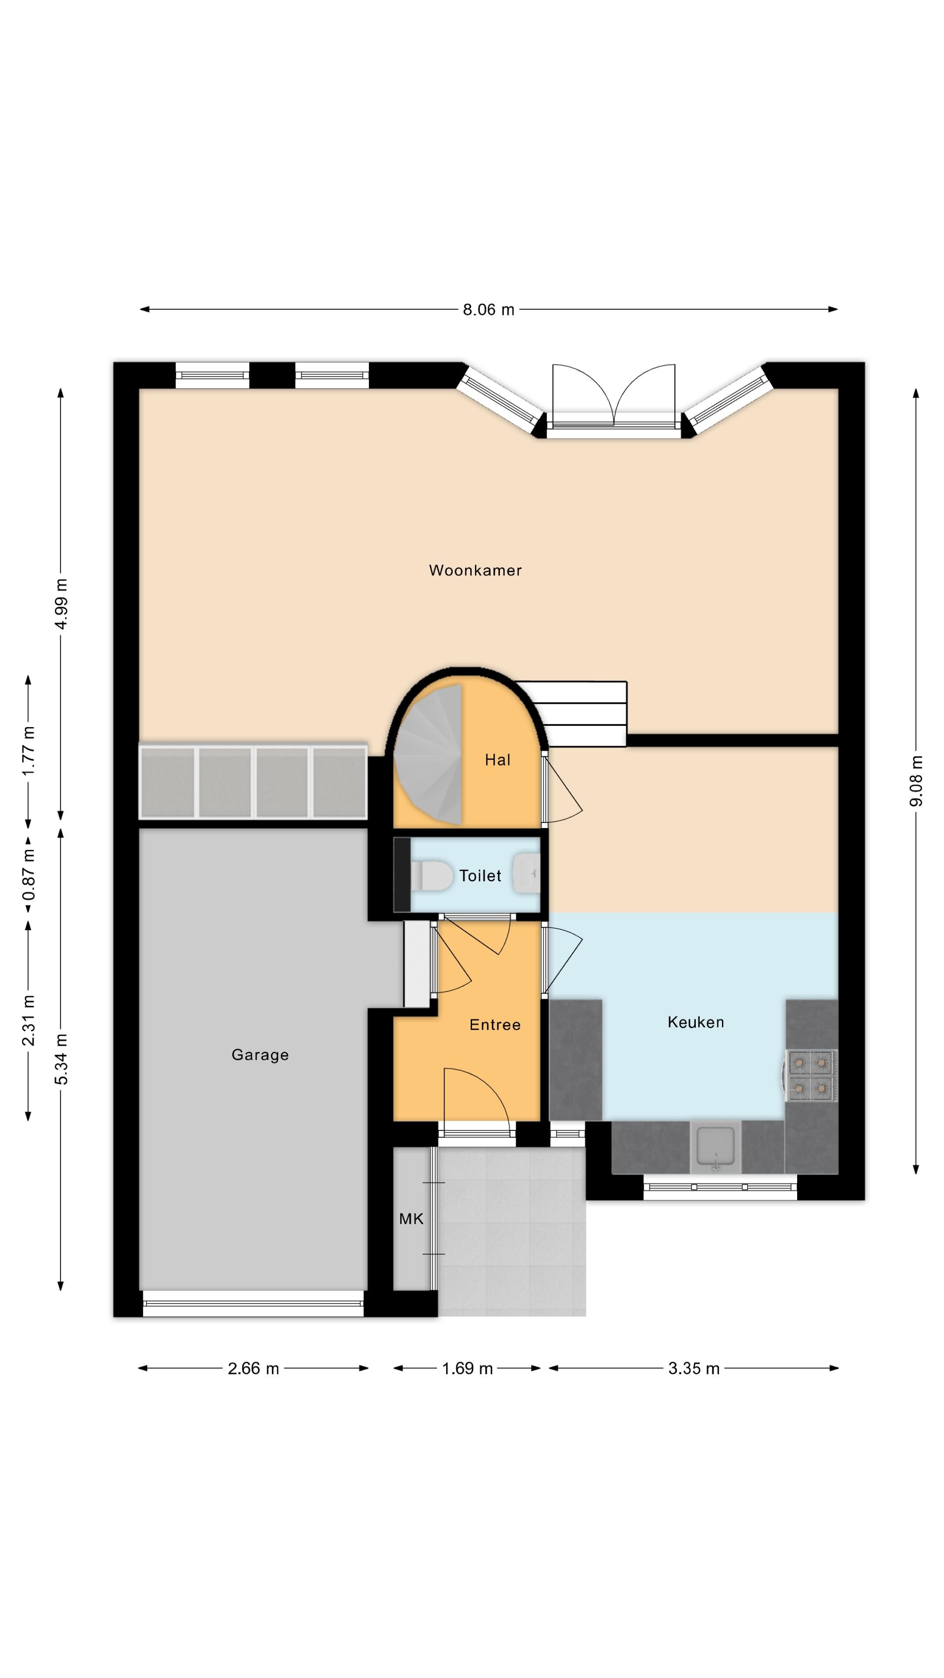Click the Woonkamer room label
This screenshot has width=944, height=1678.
pos(475,571)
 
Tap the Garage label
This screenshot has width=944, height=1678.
pos(260,1054)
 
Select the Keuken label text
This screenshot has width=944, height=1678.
pos(695,1022)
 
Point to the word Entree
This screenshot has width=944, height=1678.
pos(495,1025)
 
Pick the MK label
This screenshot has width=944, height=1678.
pos(411,1219)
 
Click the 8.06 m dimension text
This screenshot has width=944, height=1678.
pos(489,309)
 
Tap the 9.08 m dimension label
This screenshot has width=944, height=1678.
pos(916,781)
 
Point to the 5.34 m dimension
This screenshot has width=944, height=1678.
pos(61,1059)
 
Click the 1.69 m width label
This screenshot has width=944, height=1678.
pos(467,1369)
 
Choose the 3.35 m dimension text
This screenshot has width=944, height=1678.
pos(694,1369)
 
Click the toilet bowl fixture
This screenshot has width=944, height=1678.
pos(431,875)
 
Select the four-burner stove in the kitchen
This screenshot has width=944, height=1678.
pos(811,1075)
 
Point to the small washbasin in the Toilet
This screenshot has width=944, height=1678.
pos(527,874)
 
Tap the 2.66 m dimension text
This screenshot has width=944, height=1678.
pos(253,1369)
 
